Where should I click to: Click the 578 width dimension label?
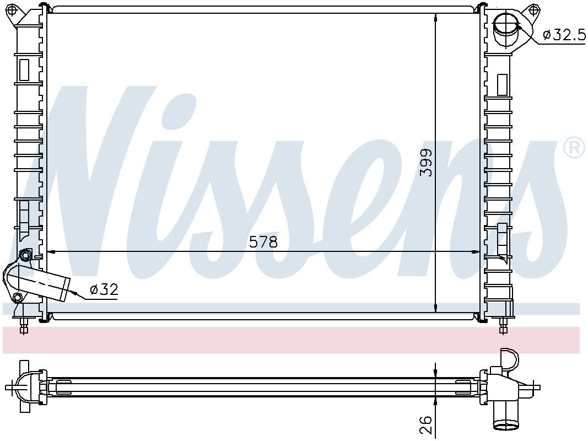pos(263,242)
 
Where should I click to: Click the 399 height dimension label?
pos(427,163)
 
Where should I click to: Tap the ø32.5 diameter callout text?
pos(564,35)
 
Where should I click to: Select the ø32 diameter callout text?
pos(104,289)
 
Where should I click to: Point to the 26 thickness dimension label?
pos(427,424)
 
